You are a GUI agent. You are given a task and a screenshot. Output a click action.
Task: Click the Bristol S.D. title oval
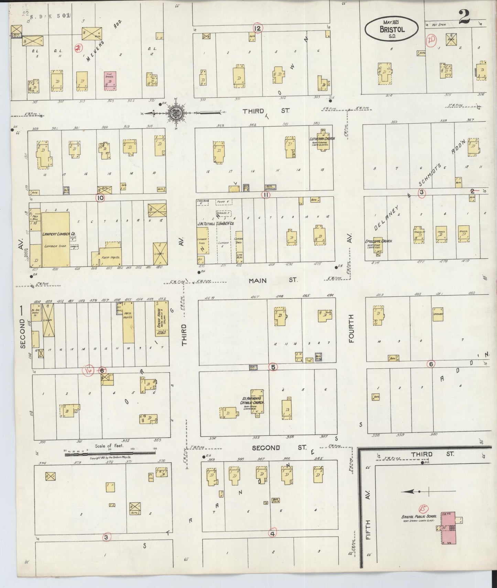click(x=392, y=28)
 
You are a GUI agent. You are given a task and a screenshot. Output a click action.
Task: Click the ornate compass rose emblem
click(x=175, y=112)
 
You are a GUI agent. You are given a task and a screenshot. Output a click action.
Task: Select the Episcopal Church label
click(x=378, y=241)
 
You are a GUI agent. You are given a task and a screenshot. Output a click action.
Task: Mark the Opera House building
click(x=161, y=319)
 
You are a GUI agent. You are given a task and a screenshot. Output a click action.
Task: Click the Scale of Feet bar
click(x=110, y=454)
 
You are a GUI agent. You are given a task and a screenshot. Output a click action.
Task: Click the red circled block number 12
click(x=257, y=28)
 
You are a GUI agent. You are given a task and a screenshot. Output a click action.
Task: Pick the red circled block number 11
click(x=266, y=195)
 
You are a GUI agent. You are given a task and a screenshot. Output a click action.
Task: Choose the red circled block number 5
click(x=273, y=367)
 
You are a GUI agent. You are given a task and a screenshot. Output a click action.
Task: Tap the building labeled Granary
click(x=437, y=314)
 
